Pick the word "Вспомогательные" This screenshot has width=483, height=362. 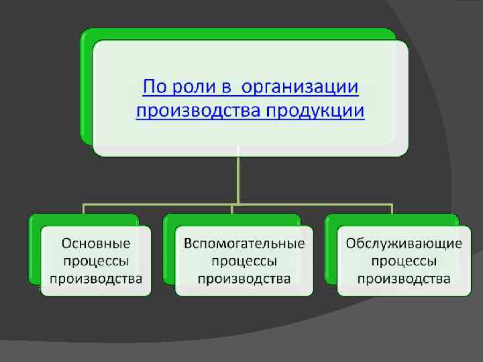244,243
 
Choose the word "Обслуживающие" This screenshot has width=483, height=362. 404,243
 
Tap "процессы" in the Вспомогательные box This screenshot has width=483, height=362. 244,261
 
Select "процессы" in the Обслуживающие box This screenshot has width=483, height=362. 404,261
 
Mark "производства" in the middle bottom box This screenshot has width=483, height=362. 244,278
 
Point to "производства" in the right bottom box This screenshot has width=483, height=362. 404,278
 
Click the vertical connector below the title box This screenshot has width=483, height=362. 237,178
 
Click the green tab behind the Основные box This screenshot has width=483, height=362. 34,248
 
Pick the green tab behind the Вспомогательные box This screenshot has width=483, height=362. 168,248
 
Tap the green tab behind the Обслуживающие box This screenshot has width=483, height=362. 330,248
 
